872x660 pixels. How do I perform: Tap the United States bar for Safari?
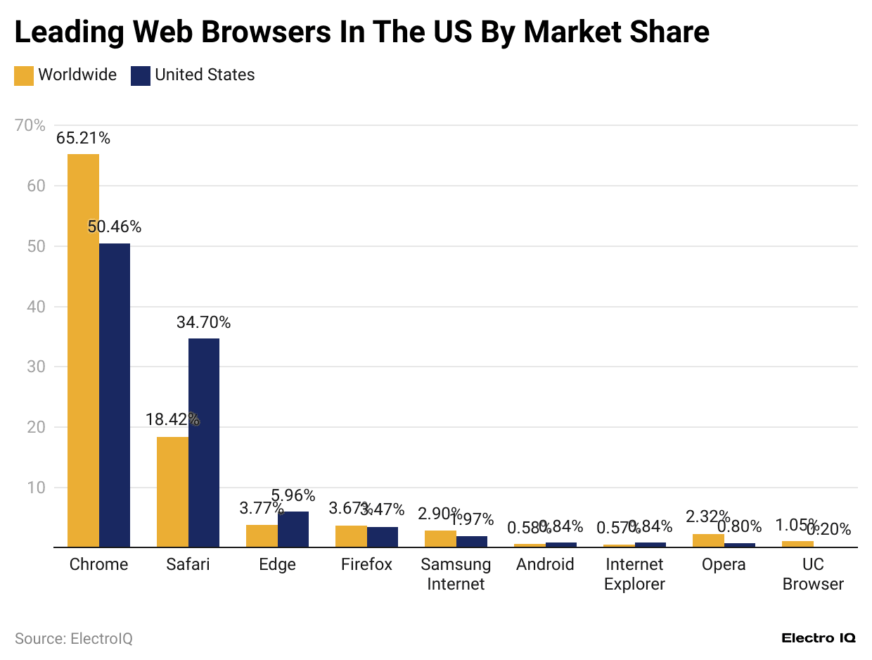[204, 443]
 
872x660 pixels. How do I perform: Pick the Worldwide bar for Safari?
[172, 492]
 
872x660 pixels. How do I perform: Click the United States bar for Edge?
[293, 529]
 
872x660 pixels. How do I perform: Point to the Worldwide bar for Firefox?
[351, 536]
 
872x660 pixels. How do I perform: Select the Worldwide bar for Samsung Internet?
[440, 538]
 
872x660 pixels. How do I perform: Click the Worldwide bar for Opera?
[708, 540]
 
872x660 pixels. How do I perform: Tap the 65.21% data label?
[83, 139]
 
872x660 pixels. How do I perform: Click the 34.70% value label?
[204, 323]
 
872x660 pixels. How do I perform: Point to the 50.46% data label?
[115, 227]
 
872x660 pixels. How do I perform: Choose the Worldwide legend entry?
[65, 75]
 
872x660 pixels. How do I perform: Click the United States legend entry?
[193, 75]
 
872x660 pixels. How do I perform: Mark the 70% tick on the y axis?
[30, 125]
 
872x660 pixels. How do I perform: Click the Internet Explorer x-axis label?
[634, 574]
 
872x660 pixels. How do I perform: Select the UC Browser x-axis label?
[813, 574]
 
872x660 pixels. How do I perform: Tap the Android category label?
[545, 564]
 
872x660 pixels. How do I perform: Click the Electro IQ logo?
[819, 638]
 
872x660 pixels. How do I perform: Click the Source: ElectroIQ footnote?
[73, 638]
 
